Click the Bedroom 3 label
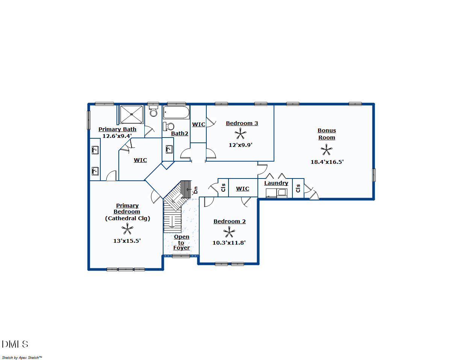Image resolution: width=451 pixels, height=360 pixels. [242, 123]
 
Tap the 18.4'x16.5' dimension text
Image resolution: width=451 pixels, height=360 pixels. [327, 162]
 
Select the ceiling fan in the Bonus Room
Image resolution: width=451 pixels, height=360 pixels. [327, 150]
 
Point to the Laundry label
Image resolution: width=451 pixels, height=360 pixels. [276, 183]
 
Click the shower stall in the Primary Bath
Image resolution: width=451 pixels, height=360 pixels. [132, 114]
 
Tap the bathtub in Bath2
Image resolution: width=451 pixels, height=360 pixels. [176, 112]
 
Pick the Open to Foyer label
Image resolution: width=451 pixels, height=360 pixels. [182, 242]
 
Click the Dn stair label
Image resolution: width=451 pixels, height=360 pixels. [195, 190]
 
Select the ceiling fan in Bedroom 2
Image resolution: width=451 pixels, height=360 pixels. [229, 232]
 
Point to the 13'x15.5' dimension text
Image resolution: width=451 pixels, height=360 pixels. [127, 241]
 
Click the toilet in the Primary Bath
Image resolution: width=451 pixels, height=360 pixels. [153, 111]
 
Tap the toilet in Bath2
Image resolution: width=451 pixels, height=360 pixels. [168, 126]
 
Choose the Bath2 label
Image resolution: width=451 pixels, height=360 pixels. [179, 133]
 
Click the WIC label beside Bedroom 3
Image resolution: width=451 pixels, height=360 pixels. [198, 124]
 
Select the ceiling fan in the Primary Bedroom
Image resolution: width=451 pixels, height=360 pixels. [127, 229]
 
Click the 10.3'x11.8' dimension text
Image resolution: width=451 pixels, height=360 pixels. [229, 243]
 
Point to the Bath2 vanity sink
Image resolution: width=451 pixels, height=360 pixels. [169, 150]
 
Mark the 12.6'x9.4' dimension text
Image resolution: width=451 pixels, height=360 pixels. [117, 136]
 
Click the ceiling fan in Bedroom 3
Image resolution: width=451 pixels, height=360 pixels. [241, 134]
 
